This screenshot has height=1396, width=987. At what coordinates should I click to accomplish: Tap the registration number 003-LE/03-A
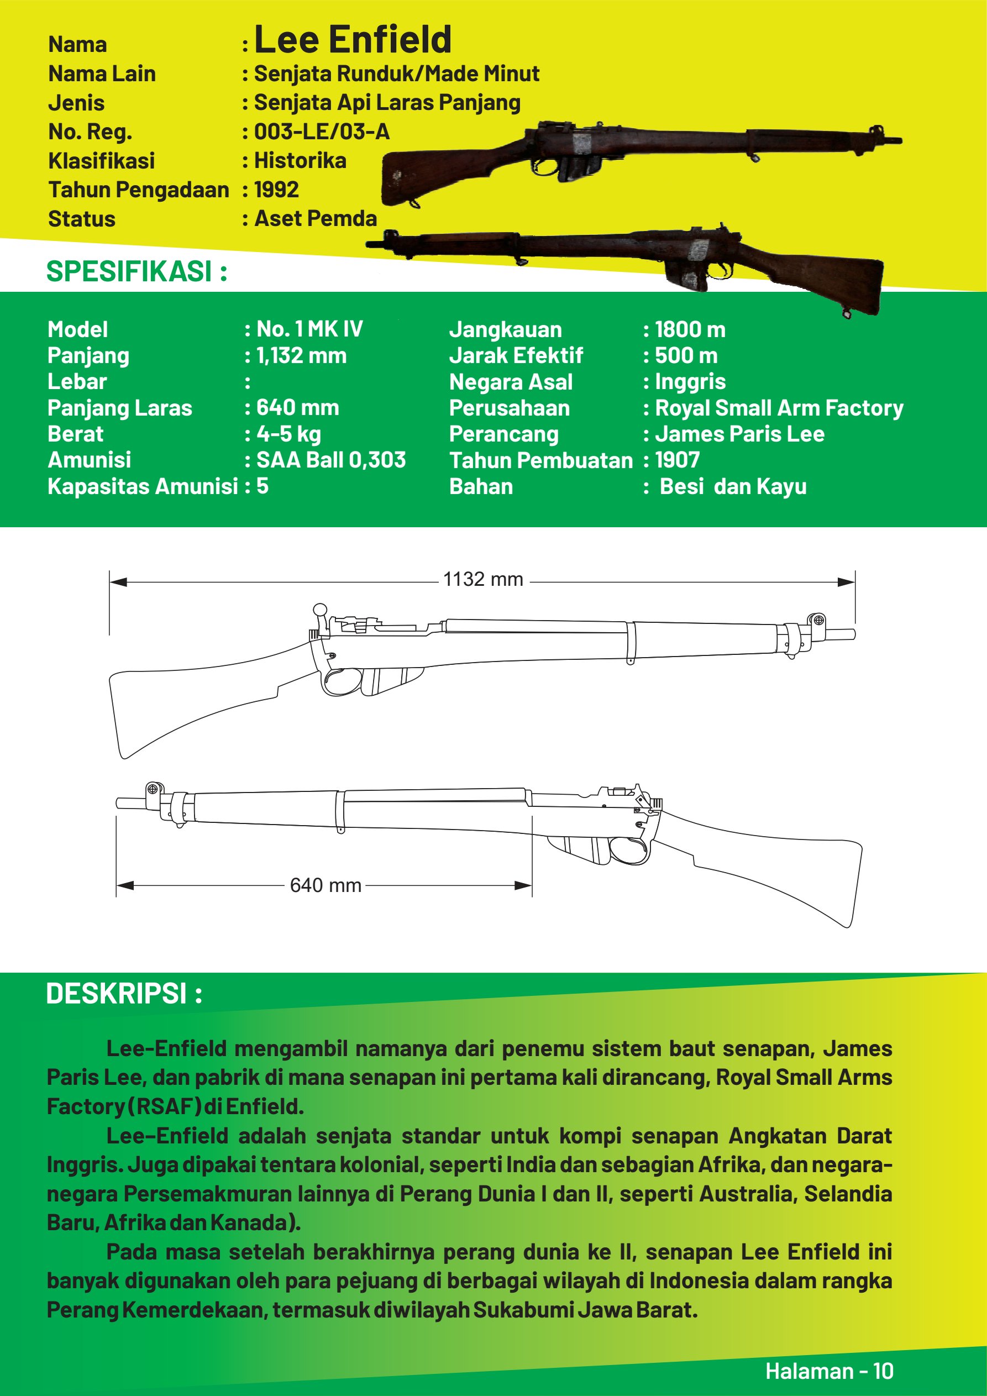pos(321,132)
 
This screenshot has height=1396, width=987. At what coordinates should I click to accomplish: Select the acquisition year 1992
pos(276,189)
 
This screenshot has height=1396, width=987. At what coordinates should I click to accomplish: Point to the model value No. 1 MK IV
pos(309,329)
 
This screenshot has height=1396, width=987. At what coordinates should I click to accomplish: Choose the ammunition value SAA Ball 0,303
pos(330,460)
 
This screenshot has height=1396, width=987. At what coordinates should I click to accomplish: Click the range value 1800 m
pos(690,329)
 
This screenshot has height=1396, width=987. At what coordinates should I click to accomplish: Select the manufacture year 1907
pos(677,460)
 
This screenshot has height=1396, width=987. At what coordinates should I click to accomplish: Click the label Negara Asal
pos(511,382)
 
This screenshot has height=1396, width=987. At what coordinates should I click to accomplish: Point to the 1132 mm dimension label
pos(483,579)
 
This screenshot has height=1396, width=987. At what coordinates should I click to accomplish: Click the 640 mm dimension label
pos(326,885)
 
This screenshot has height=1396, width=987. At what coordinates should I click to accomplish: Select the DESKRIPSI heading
pos(124,994)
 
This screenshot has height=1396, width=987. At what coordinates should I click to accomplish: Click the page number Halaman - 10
pos(829,1371)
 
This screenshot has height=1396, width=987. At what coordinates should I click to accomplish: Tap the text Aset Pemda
pos(315,218)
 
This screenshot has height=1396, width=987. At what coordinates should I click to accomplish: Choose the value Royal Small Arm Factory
pos(779,408)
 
